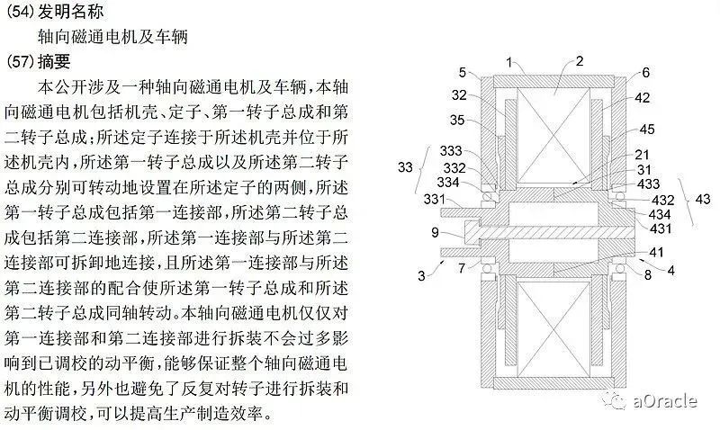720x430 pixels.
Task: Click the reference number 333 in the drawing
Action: pyautogui.click(x=451, y=151)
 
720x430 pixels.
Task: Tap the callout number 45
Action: pyautogui.click(x=646, y=130)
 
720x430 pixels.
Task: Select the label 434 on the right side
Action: pyautogui.click(x=660, y=214)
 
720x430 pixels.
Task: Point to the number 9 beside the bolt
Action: pyautogui.click(x=435, y=233)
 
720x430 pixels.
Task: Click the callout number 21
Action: pyautogui.click(x=642, y=155)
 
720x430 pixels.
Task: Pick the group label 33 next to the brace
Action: pyautogui.click(x=405, y=167)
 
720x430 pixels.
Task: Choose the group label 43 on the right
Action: pyautogui.click(x=703, y=199)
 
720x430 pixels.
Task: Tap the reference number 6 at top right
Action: pyautogui.click(x=645, y=73)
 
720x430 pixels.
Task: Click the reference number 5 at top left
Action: pyautogui.click(x=463, y=73)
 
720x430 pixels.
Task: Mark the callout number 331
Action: pyautogui.click(x=434, y=199)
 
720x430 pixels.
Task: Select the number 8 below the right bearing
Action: pyautogui.click(x=647, y=275)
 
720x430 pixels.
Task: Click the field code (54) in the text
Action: pyautogui.click(x=21, y=12)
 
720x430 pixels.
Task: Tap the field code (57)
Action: pyautogui.click(x=21, y=61)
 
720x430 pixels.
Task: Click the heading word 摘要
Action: pyautogui.click(x=54, y=61)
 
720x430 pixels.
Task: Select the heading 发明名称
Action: pyautogui.click(x=71, y=12)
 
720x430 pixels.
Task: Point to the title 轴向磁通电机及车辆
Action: pyautogui.click(x=113, y=36)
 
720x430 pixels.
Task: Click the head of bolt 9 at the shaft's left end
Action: pyautogui.click(x=473, y=233)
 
